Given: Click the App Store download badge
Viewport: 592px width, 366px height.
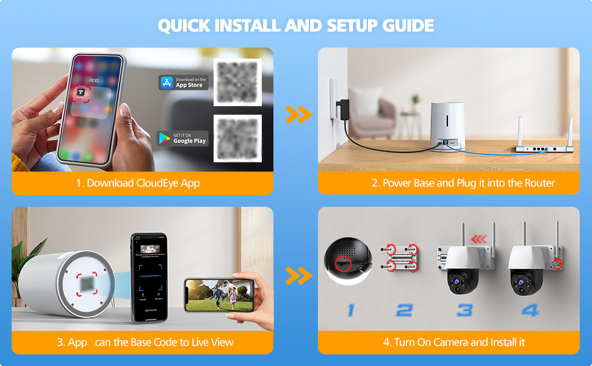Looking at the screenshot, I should pos(183,82).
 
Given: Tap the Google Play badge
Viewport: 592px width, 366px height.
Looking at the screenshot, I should pos(182,138).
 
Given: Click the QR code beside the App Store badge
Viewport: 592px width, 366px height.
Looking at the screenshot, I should pos(237,82).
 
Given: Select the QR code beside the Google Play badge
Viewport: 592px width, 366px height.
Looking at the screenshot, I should pos(237,138).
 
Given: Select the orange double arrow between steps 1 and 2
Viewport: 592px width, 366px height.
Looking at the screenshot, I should pos(298,114).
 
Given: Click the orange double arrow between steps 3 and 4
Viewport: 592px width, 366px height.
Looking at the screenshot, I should pos(298,276).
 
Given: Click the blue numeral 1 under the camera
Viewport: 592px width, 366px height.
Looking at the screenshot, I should pos(350,310).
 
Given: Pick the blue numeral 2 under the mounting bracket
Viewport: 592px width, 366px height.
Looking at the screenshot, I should pos(404,310).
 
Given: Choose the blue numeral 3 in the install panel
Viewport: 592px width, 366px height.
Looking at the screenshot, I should pos(464,310).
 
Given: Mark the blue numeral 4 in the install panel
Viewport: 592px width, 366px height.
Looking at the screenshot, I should pos(530,310).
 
